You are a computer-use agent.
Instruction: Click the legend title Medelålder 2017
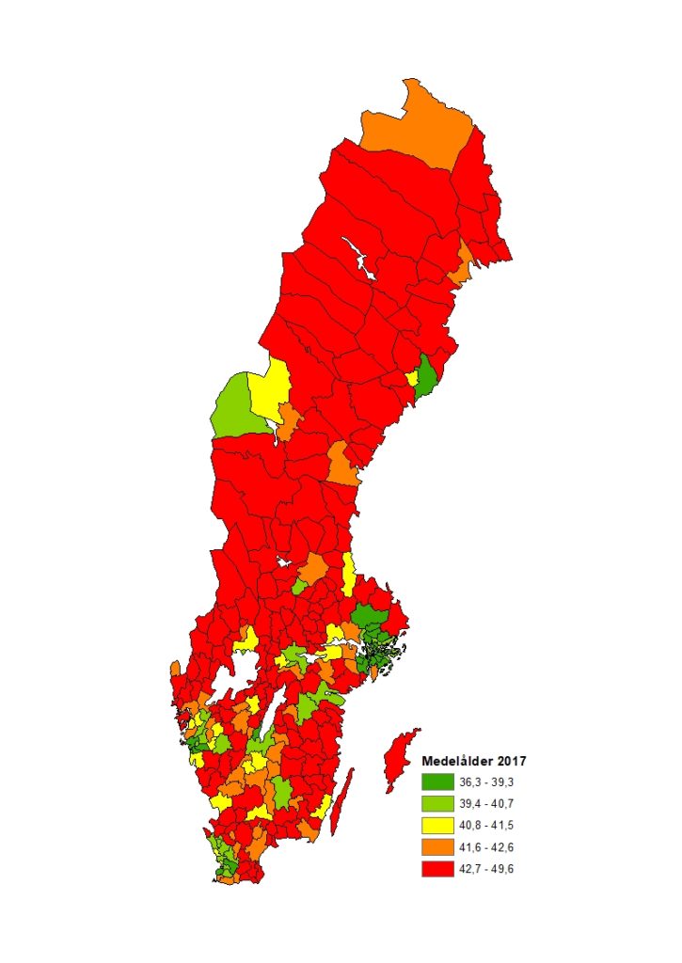pyautogui.click(x=473, y=761)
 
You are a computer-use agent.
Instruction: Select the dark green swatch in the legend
pyautogui.click(x=437, y=781)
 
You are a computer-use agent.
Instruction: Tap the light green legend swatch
pyautogui.click(x=437, y=803)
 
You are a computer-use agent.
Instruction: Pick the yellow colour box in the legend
pyautogui.click(x=437, y=825)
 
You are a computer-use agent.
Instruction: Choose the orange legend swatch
pyautogui.click(x=437, y=846)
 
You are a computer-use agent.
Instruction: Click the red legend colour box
pyautogui.click(x=437, y=868)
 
